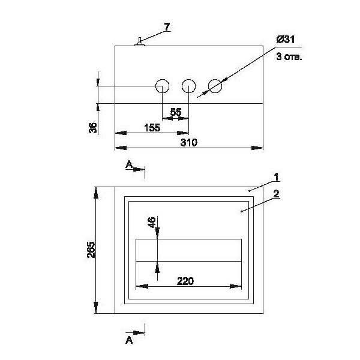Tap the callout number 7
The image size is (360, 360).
(167, 26)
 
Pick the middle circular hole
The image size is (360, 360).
(189, 86)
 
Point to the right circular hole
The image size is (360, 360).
(215, 86)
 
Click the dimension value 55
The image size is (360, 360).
(176, 112)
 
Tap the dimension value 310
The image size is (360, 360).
(190, 143)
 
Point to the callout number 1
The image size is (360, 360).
(275, 176)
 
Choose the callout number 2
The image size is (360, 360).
(275, 193)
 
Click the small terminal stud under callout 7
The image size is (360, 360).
(139, 41)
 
